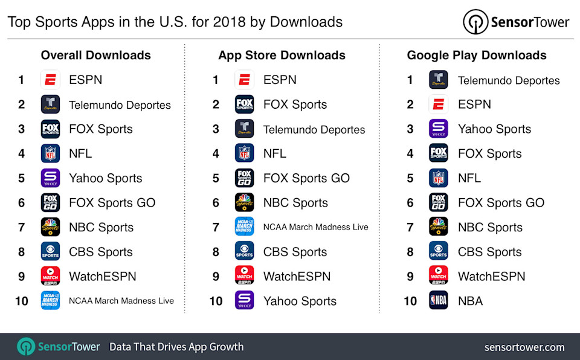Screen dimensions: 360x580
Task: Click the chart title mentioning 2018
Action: [175, 22]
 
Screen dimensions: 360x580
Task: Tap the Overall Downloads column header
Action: [95, 56]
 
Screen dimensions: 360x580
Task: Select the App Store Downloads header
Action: [282, 56]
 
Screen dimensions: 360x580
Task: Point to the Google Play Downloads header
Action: [476, 56]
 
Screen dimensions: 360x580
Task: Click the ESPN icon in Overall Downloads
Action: [50, 80]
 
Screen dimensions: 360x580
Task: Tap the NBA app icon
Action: [438, 300]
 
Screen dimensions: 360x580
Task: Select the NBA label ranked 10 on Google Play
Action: [470, 301]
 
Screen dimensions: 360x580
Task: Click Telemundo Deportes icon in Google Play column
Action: [438, 80]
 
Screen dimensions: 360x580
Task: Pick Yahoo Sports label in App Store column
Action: [300, 301]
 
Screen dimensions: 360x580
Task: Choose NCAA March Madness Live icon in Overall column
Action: [50, 300]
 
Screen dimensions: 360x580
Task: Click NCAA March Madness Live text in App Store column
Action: [315, 227]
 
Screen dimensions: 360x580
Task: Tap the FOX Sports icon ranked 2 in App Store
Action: [244, 104]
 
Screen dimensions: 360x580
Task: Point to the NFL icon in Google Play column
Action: [438, 178]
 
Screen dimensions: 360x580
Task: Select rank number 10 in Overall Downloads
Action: [22, 301]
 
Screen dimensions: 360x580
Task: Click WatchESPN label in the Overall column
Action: [102, 276]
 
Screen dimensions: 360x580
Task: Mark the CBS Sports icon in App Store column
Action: [244, 251]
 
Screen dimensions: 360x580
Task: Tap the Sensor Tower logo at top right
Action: [517, 22]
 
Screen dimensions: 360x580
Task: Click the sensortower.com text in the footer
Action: [524, 347]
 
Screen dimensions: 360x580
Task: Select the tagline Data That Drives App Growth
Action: [176, 347]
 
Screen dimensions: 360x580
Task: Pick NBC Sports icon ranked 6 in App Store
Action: [244, 202]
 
